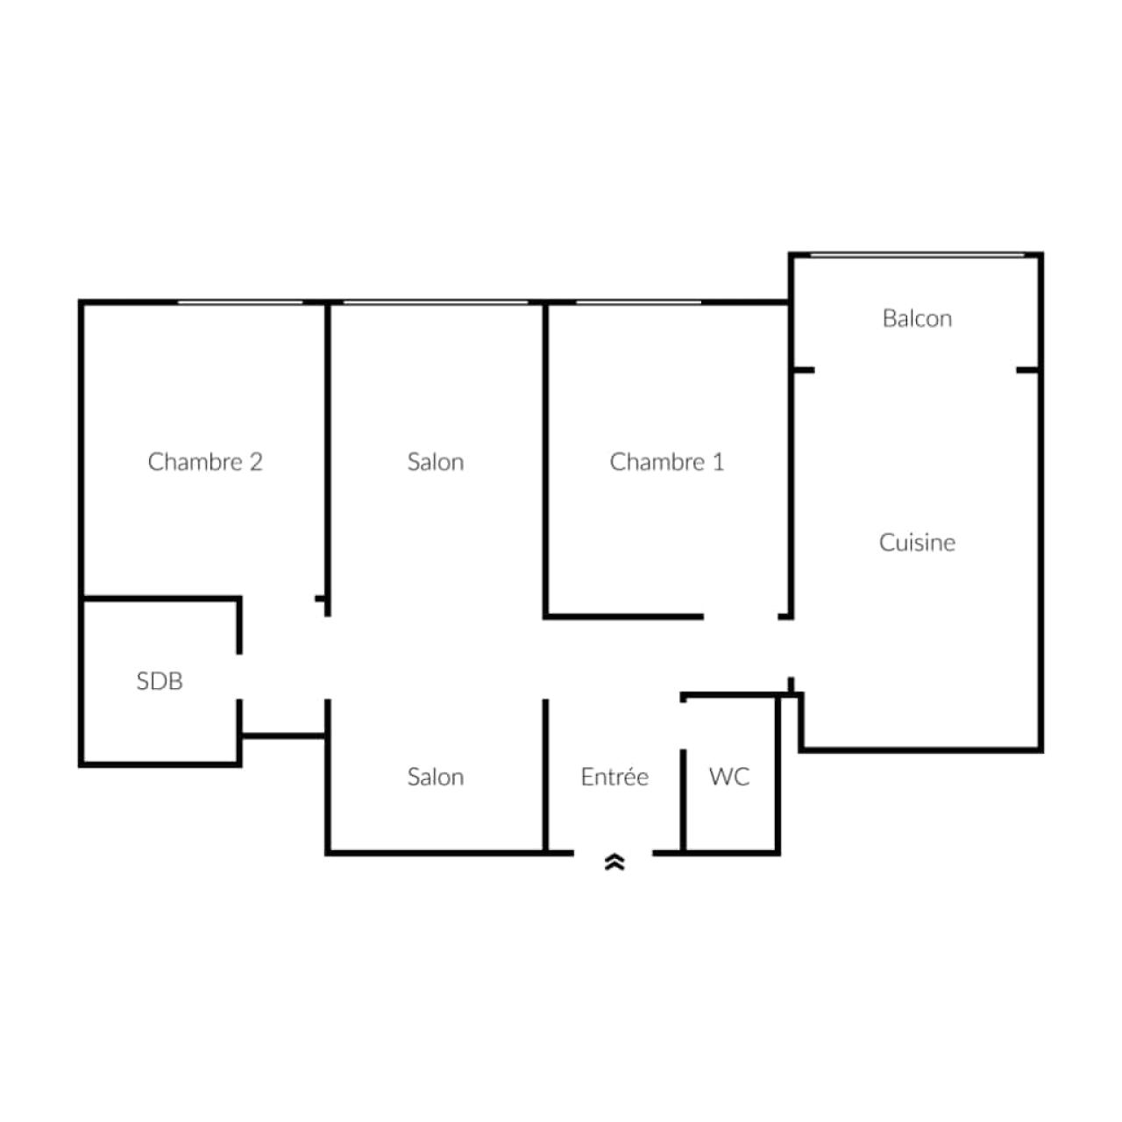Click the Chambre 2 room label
pyautogui.click(x=205, y=462)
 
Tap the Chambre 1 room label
pyautogui.click(x=667, y=462)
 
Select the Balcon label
pyautogui.click(x=917, y=318)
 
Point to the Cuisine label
pyautogui.click(x=917, y=543)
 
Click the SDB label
pyautogui.click(x=160, y=681)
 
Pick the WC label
pyautogui.click(x=729, y=776)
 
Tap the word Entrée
pyautogui.click(x=614, y=776)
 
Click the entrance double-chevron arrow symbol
pyautogui.click(x=614, y=862)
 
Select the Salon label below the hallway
pyautogui.click(x=436, y=776)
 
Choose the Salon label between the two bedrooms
pyautogui.click(x=436, y=462)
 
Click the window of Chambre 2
pyautogui.click(x=240, y=302)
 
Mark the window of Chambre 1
pyautogui.click(x=639, y=302)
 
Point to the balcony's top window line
pyautogui.click(x=917, y=255)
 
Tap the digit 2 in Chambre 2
pyautogui.click(x=256, y=462)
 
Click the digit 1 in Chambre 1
pyautogui.click(x=719, y=462)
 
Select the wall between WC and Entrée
pyautogui.click(x=683, y=801)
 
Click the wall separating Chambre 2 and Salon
pyautogui.click(x=328, y=458)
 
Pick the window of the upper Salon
pyautogui.click(x=436, y=302)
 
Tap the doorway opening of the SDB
pyautogui.click(x=239, y=676)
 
